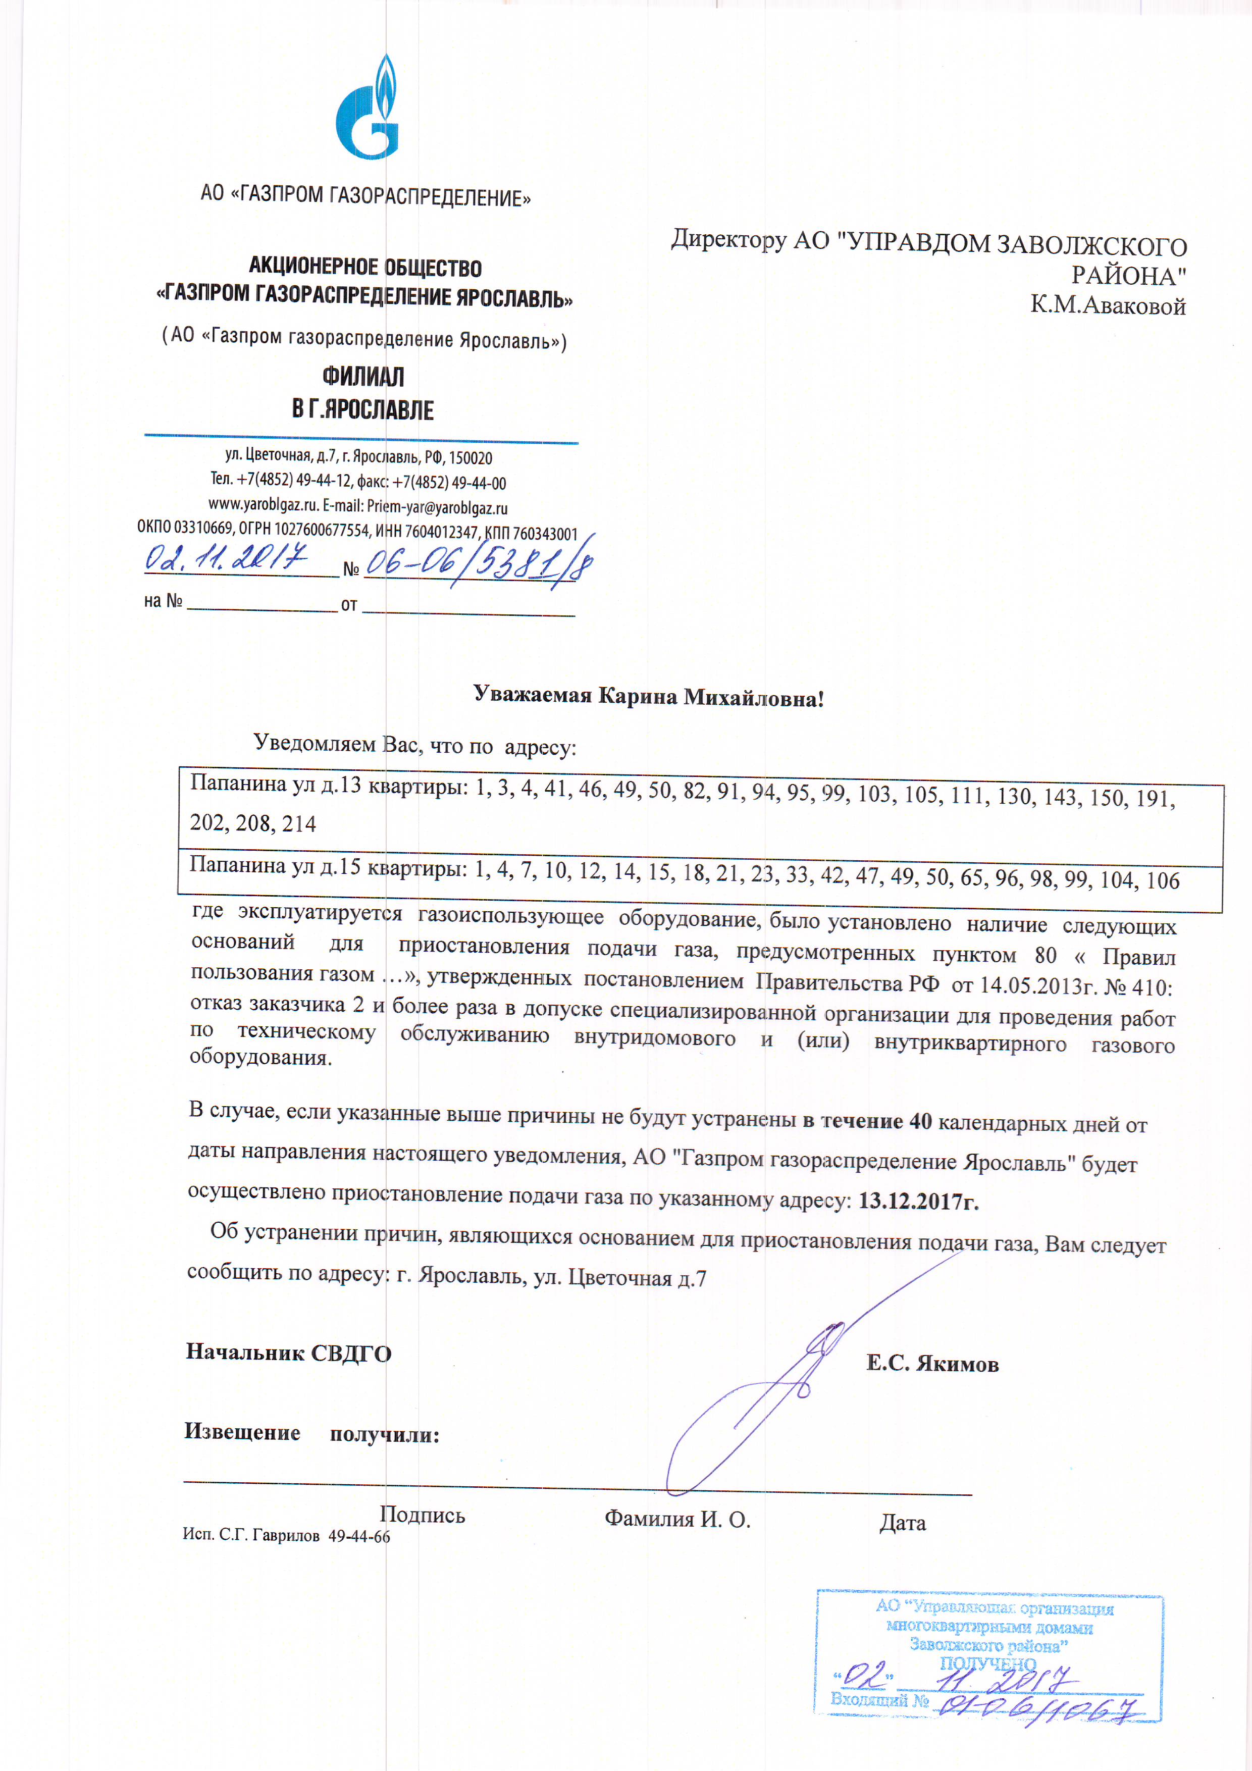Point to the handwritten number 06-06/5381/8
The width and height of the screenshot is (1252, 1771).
tap(478, 564)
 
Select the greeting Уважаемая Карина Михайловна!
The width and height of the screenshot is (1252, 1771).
tap(648, 697)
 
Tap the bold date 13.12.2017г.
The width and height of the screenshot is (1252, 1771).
tap(918, 1201)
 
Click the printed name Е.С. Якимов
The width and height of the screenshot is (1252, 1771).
tap(932, 1364)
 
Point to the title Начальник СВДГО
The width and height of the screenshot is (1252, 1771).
tap(288, 1353)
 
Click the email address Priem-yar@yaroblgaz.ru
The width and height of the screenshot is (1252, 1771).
tap(437, 507)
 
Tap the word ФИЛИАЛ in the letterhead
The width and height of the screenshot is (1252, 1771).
tap(362, 377)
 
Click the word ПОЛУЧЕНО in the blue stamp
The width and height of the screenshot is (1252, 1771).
tap(987, 1664)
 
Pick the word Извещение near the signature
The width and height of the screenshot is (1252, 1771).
tap(242, 1432)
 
